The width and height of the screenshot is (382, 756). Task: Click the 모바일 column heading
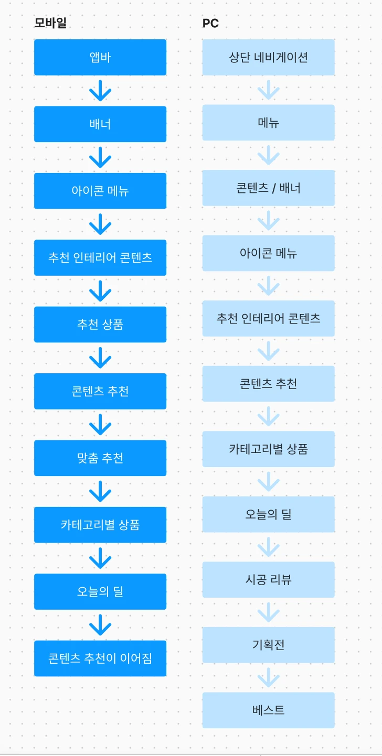(50, 23)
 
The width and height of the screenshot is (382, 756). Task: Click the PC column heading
(210, 23)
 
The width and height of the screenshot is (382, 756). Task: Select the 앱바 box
(100, 57)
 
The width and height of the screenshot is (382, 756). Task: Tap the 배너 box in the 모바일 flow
(100, 124)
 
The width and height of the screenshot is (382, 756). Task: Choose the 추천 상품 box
(100, 325)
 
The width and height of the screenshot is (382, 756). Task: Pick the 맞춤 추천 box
(100, 458)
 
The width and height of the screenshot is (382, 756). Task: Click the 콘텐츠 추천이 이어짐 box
(100, 658)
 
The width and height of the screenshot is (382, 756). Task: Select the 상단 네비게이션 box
(269, 57)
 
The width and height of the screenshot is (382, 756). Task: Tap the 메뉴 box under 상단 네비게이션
(269, 123)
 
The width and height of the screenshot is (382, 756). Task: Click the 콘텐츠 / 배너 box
(269, 188)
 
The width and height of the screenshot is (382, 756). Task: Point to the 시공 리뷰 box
(269, 579)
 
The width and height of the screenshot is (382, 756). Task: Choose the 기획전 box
(269, 645)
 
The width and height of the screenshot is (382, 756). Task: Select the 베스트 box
(269, 710)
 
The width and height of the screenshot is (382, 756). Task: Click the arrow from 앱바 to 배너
(100, 91)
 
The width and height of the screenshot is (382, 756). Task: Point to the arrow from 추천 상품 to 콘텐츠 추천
(100, 358)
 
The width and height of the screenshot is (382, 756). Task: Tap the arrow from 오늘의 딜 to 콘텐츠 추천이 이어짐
(100, 625)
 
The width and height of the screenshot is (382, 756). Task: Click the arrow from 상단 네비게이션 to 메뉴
(269, 90)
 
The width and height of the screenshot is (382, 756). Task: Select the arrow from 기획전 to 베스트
(269, 677)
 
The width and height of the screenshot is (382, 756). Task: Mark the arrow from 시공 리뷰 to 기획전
(269, 612)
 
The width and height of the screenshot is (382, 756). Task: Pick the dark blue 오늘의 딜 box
(100, 591)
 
